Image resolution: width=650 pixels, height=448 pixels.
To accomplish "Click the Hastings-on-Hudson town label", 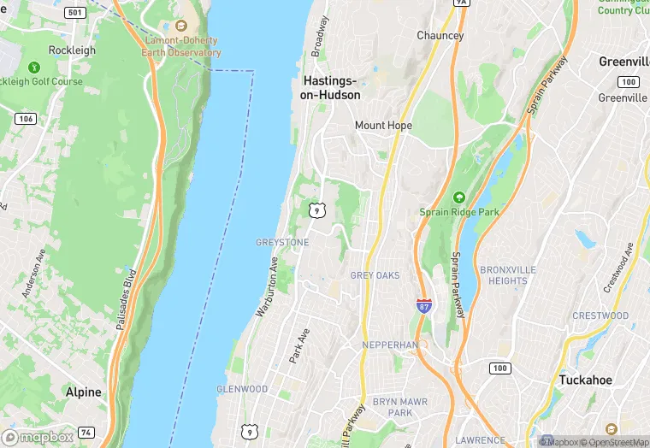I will point(330,88).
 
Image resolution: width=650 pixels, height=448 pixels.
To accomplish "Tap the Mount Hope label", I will point(383,126).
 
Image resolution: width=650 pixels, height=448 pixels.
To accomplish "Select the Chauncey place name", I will point(440,36).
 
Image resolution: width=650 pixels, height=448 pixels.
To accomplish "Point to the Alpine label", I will point(83,392).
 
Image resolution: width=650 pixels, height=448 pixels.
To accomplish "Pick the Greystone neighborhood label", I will point(281,243).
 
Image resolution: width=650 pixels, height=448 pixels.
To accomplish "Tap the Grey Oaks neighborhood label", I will point(375,275).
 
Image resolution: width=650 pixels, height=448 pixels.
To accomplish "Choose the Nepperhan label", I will point(389,345).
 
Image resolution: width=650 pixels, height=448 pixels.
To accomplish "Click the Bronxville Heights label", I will point(508,275).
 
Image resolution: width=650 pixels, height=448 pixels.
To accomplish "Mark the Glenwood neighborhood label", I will point(242,389).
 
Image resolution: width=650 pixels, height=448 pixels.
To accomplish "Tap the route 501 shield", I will point(74,13).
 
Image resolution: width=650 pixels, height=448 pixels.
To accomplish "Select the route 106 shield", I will point(25,119).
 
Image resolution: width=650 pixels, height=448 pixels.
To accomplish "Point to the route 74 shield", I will point(86,434).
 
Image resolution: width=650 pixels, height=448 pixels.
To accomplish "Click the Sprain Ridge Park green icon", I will point(459,197).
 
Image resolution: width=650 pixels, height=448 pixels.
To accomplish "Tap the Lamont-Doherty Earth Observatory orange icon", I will point(180,26).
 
